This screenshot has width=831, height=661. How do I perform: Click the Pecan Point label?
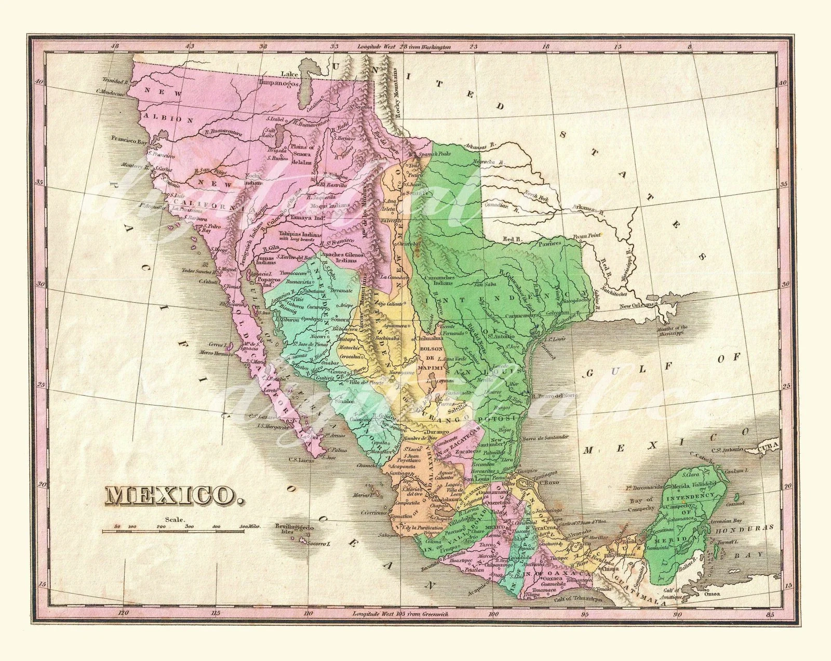point(586,235)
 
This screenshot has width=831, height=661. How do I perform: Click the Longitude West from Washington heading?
point(404,47)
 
